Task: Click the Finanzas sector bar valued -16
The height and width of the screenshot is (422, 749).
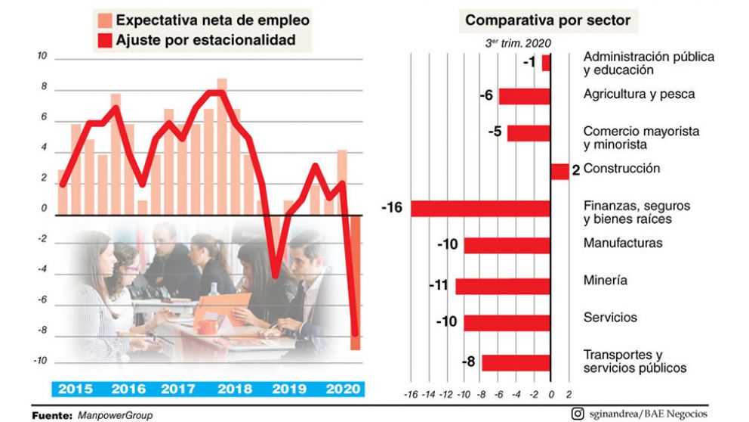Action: (x=480, y=209)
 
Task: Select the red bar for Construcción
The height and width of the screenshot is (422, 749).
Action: (x=559, y=172)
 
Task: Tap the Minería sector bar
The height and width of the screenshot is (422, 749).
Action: (x=502, y=286)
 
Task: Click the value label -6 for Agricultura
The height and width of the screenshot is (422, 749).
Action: (x=486, y=96)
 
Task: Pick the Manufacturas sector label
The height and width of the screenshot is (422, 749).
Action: (x=623, y=243)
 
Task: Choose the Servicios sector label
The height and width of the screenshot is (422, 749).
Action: (x=610, y=318)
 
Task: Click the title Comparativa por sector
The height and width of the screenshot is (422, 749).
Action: (x=547, y=20)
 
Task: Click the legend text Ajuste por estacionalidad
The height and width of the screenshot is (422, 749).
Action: (x=205, y=40)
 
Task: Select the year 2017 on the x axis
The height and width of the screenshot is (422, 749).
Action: (x=179, y=389)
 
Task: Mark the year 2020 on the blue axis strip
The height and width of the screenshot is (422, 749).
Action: (x=341, y=389)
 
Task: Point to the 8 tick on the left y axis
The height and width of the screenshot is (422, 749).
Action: (x=43, y=87)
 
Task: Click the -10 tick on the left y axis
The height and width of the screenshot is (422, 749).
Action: (x=40, y=361)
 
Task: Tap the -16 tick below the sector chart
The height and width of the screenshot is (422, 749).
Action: (x=411, y=394)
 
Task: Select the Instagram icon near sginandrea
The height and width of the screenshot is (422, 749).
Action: (x=577, y=413)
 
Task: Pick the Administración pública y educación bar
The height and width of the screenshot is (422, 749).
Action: (x=546, y=63)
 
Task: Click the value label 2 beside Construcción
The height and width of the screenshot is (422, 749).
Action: (x=575, y=172)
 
